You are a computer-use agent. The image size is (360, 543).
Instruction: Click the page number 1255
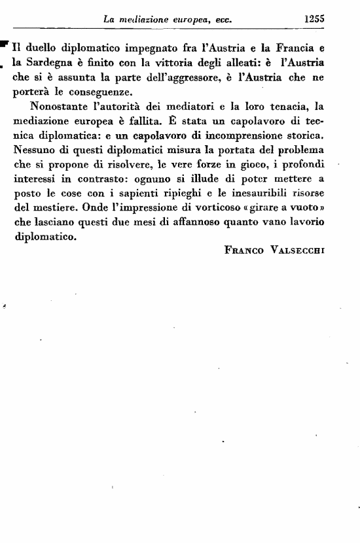pos(314,19)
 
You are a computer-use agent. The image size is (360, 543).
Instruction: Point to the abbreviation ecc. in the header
pos(225,20)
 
